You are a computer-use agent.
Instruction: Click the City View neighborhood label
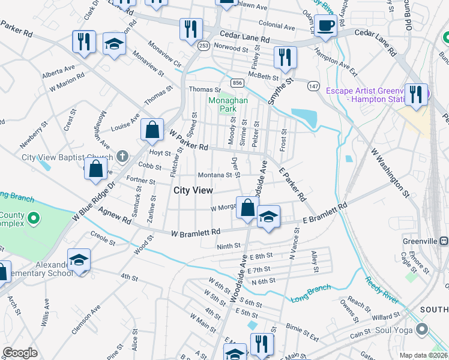193,190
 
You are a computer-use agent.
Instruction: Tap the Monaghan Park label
228,105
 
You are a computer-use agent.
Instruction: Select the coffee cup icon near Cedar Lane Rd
326,26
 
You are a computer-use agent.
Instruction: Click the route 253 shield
204,45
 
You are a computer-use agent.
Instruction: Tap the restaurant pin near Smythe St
285,57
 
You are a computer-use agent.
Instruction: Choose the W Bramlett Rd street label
196,232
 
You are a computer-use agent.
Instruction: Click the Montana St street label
215,175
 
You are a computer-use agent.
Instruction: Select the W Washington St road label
390,174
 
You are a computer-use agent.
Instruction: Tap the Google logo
20,353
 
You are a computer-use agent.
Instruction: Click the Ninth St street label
229,246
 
